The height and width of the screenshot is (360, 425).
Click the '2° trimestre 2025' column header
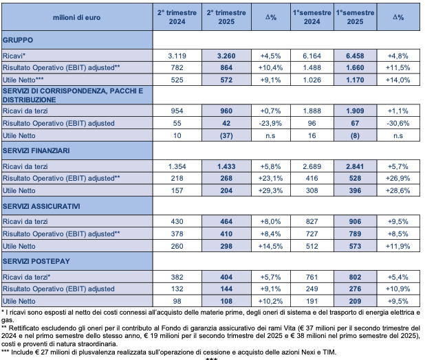click(226, 17)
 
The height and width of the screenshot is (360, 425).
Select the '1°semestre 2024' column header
click(312, 17)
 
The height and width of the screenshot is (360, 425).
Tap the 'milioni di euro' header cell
click(77, 17)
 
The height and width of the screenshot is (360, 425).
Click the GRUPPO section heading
click(18, 40)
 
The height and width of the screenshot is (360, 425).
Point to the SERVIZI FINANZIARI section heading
click(36, 150)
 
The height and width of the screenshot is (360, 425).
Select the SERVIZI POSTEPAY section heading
click(36, 261)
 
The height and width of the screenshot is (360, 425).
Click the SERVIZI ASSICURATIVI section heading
click(41, 206)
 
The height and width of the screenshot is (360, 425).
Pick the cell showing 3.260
click(226, 56)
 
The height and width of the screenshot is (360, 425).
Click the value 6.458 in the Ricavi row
click(355, 56)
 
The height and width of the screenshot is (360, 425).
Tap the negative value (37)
click(226, 135)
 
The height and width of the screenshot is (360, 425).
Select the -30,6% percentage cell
click(398, 123)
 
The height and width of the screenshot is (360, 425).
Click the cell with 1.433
click(226, 166)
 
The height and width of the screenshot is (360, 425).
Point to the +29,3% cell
click(270, 190)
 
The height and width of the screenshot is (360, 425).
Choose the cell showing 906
click(355, 221)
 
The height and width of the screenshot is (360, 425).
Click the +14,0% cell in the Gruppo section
click(398, 80)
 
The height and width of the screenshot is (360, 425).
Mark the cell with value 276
click(355, 289)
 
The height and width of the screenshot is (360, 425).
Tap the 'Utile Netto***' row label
click(23, 80)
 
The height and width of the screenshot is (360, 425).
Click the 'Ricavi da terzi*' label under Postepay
click(26, 277)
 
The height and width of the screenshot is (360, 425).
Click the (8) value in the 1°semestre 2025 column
click(355, 135)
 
